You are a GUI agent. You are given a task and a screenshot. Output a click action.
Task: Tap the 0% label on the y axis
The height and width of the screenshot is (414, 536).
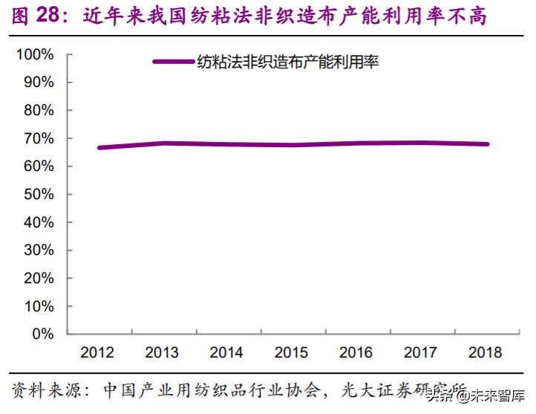(x=42, y=334)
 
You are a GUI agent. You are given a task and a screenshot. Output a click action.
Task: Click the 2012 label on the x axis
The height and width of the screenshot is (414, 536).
(x=97, y=352)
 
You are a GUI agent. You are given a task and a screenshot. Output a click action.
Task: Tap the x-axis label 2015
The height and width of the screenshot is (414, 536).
(x=292, y=352)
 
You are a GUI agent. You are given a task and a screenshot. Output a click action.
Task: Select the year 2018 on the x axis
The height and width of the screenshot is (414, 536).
(x=486, y=352)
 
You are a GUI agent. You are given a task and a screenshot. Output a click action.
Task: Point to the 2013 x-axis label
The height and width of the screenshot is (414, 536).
(x=162, y=352)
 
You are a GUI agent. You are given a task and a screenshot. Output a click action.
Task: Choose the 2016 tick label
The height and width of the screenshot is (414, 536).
(x=356, y=352)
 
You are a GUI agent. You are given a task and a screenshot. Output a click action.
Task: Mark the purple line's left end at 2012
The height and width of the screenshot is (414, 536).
(x=99, y=147)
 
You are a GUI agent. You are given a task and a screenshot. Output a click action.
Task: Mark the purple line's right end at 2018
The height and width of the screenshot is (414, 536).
(x=487, y=144)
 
